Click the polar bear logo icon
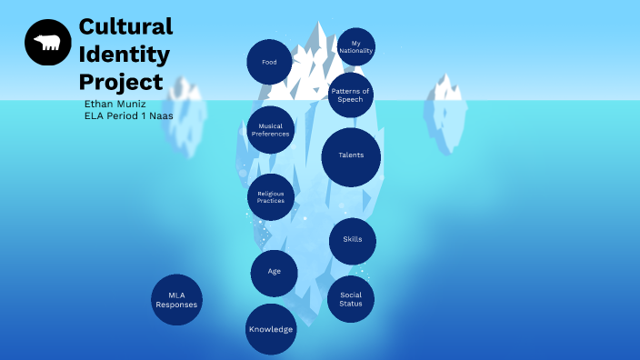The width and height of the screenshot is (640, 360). coord(47,42)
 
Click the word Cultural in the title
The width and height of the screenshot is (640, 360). coord(125,25)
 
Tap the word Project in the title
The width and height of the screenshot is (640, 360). coord(121,83)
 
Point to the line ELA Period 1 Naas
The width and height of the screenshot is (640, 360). coord(128,115)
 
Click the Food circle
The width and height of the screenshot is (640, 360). coord(269,62)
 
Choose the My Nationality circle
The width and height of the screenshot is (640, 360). coord(355,46)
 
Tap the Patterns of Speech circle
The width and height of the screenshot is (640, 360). coord(350,95)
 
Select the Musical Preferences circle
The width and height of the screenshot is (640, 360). coord(270,130)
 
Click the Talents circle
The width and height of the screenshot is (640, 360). coord(351,155)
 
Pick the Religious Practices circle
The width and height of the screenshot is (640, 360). coord(271,196)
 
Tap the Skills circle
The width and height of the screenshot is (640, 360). coord(353,240)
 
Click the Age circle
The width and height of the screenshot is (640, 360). coord(275,272)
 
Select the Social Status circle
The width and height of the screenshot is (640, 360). coord(351,299)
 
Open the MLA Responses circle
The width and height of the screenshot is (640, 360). coord(176,300)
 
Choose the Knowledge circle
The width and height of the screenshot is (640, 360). coord(271,329)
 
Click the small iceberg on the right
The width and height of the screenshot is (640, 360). coord(445,114)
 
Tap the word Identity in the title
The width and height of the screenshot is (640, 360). coord(124,55)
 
